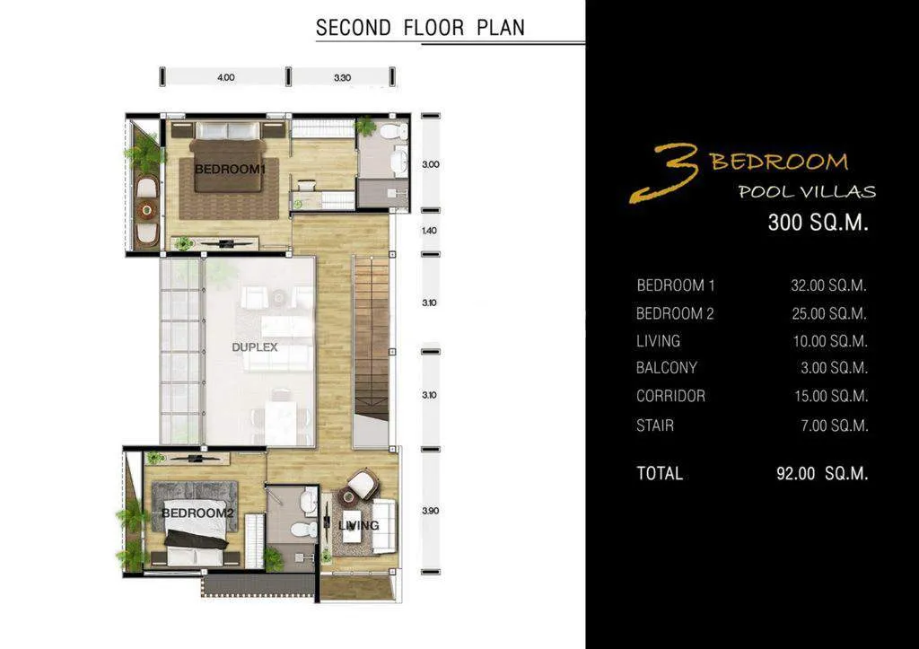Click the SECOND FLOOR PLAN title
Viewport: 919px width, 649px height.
coord(420,27)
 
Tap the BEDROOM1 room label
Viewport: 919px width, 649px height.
coord(231,169)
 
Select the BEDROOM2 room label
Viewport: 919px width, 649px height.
coord(197,513)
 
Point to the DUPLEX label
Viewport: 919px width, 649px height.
coord(255,346)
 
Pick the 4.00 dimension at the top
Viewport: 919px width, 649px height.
coord(225,78)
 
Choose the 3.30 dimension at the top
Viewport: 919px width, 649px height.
coord(342,78)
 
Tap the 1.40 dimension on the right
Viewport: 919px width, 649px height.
coord(429,231)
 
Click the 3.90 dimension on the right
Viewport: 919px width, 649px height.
coord(429,511)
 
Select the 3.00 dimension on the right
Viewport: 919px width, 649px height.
coord(430,164)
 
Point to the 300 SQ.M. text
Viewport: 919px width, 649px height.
coord(818,223)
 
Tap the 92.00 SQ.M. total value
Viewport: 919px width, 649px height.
coord(821,474)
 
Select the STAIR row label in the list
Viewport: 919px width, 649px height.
coord(654,425)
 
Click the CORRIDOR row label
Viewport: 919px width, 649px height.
coord(670,396)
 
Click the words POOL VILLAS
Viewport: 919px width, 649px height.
coord(806,191)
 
